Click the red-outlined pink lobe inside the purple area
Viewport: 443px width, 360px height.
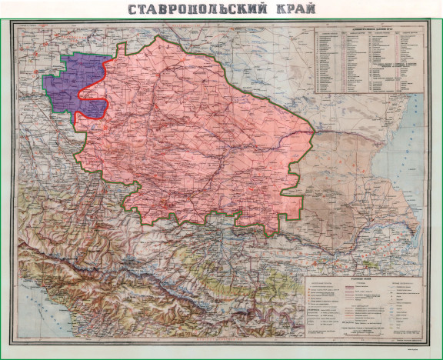(95, 103)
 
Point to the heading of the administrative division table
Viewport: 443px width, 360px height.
(370, 32)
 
